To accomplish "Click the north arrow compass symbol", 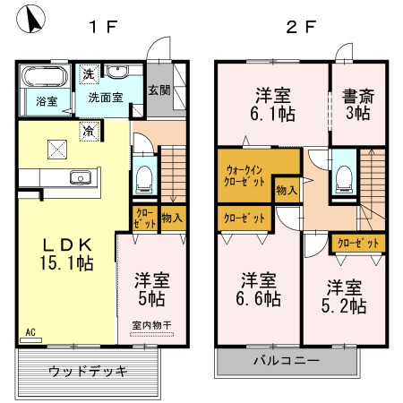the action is click(30, 19).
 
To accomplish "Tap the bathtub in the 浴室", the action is click(45, 76).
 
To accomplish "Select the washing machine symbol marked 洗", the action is click(89, 74).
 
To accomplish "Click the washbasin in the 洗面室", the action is click(117, 72).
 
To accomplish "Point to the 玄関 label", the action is click(159, 90).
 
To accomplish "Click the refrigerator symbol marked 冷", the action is click(89, 131).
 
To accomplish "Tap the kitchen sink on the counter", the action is click(81, 177).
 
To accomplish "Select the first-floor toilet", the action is click(144, 179).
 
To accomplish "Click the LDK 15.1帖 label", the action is click(67, 254).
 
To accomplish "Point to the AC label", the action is click(30, 332).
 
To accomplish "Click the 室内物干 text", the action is click(151, 325).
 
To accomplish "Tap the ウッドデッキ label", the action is click(88, 372).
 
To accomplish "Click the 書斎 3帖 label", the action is click(358, 105).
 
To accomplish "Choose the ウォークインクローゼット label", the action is click(244, 176).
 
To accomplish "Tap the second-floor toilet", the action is click(344, 179).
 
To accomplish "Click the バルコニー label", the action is click(287, 361).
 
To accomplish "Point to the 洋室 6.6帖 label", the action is click(259, 289).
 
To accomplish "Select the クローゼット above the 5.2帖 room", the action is click(358, 244).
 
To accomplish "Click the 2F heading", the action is click(301, 27).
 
